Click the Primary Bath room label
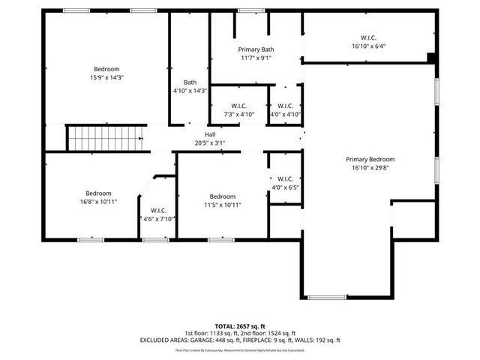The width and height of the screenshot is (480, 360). point(256,49)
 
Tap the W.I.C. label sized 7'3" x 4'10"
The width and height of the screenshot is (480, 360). point(239,106)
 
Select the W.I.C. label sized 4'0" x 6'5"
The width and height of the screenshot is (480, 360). point(285,178)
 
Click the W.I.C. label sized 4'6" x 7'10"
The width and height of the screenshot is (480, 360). point(158,211)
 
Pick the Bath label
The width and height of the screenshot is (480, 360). point(190,82)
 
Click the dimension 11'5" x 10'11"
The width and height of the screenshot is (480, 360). point(222,205)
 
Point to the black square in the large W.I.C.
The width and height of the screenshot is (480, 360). point(430,57)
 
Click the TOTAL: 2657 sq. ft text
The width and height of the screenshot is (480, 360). point(240,326)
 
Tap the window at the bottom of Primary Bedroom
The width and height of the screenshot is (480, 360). point(327,297)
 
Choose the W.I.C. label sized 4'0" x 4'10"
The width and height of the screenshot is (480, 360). point(285,106)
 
